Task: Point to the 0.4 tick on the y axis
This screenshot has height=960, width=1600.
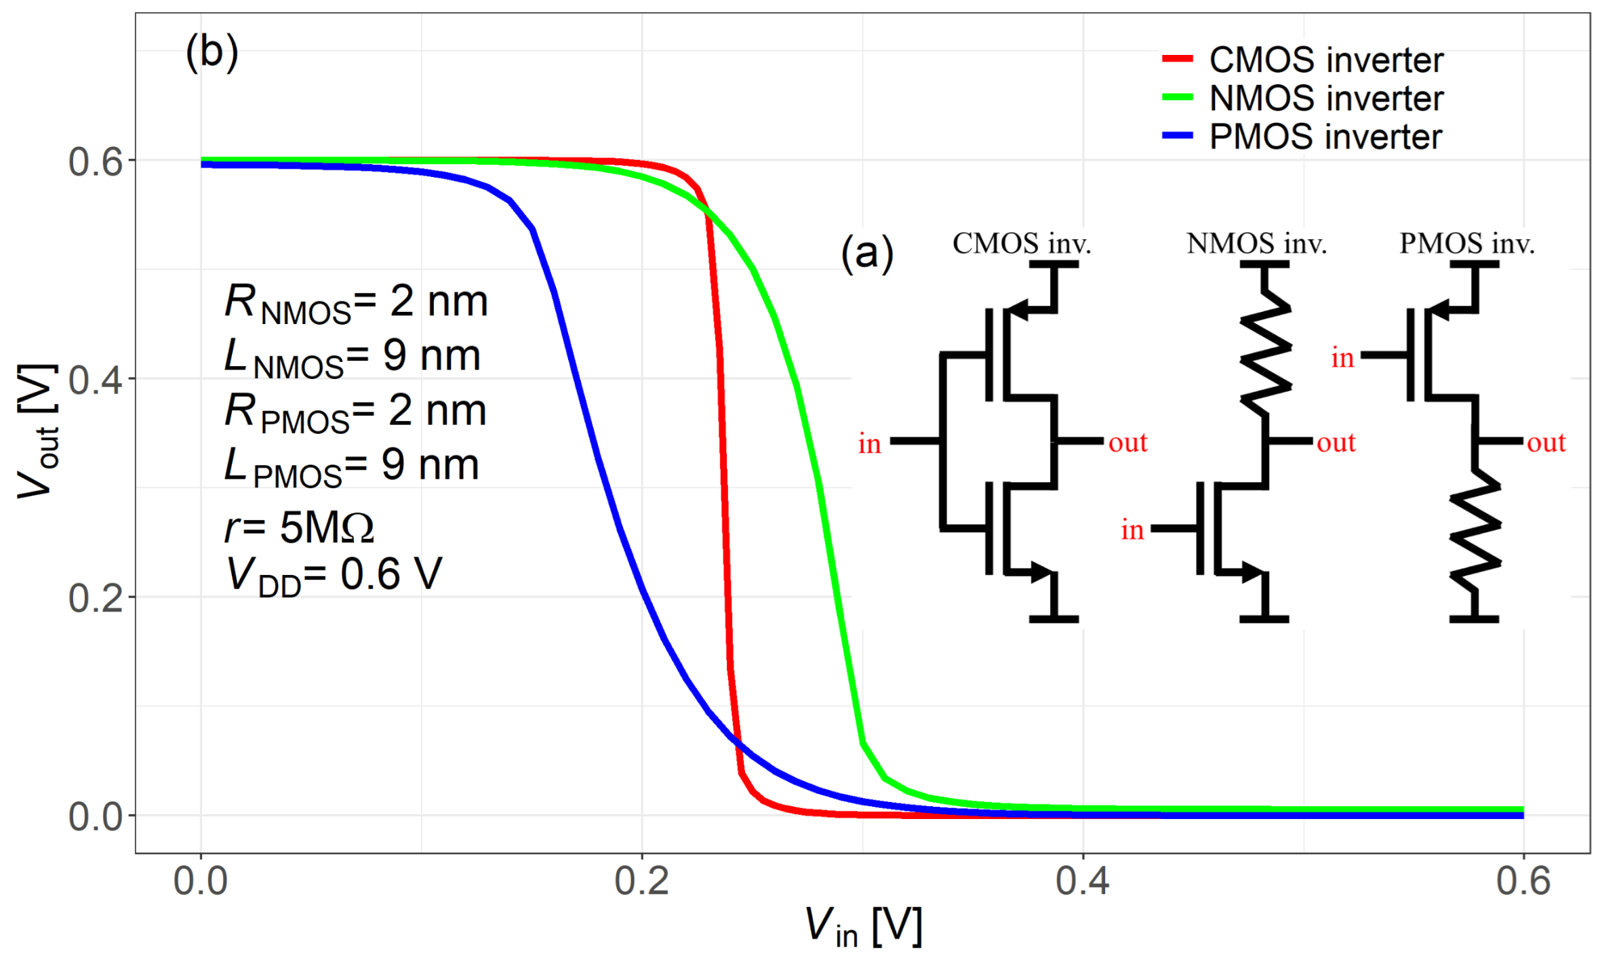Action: click(96, 380)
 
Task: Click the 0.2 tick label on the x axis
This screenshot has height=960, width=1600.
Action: click(641, 881)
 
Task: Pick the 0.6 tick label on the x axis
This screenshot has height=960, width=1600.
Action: click(1523, 881)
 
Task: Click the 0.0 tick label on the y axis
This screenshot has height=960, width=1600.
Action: click(96, 816)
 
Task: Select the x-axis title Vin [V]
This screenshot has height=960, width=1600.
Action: click(862, 927)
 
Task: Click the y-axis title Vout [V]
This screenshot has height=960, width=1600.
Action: click(37, 431)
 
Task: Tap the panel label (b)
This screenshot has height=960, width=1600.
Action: click(212, 52)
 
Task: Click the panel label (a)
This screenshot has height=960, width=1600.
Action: click(867, 253)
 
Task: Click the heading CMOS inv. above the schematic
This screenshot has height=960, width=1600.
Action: click(1022, 243)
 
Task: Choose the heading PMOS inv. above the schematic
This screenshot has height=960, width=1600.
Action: click(1467, 243)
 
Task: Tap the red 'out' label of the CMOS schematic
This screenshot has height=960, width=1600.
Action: click(1127, 443)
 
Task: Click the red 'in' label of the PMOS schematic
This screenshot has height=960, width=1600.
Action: click(1342, 357)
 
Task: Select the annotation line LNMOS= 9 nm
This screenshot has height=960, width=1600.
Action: click(353, 357)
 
